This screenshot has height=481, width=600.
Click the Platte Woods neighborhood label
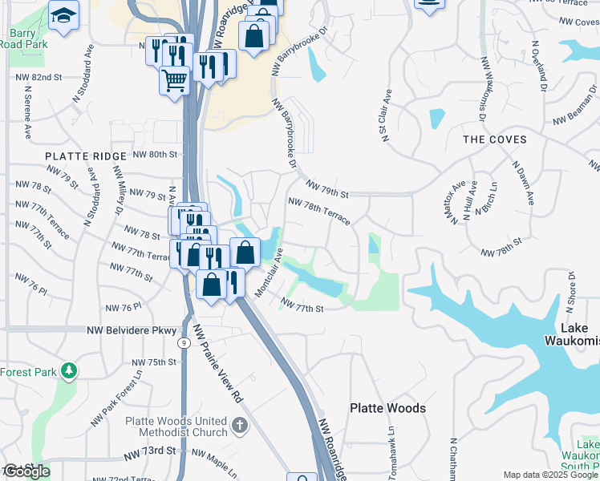[387, 408]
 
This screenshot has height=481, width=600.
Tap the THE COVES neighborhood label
[495, 139]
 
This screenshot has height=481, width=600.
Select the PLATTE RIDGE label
[86, 156]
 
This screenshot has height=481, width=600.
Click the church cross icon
[239, 426]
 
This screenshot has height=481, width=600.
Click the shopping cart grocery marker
[174, 79]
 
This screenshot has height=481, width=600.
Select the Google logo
[26, 471]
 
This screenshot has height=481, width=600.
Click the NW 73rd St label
[150, 452]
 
